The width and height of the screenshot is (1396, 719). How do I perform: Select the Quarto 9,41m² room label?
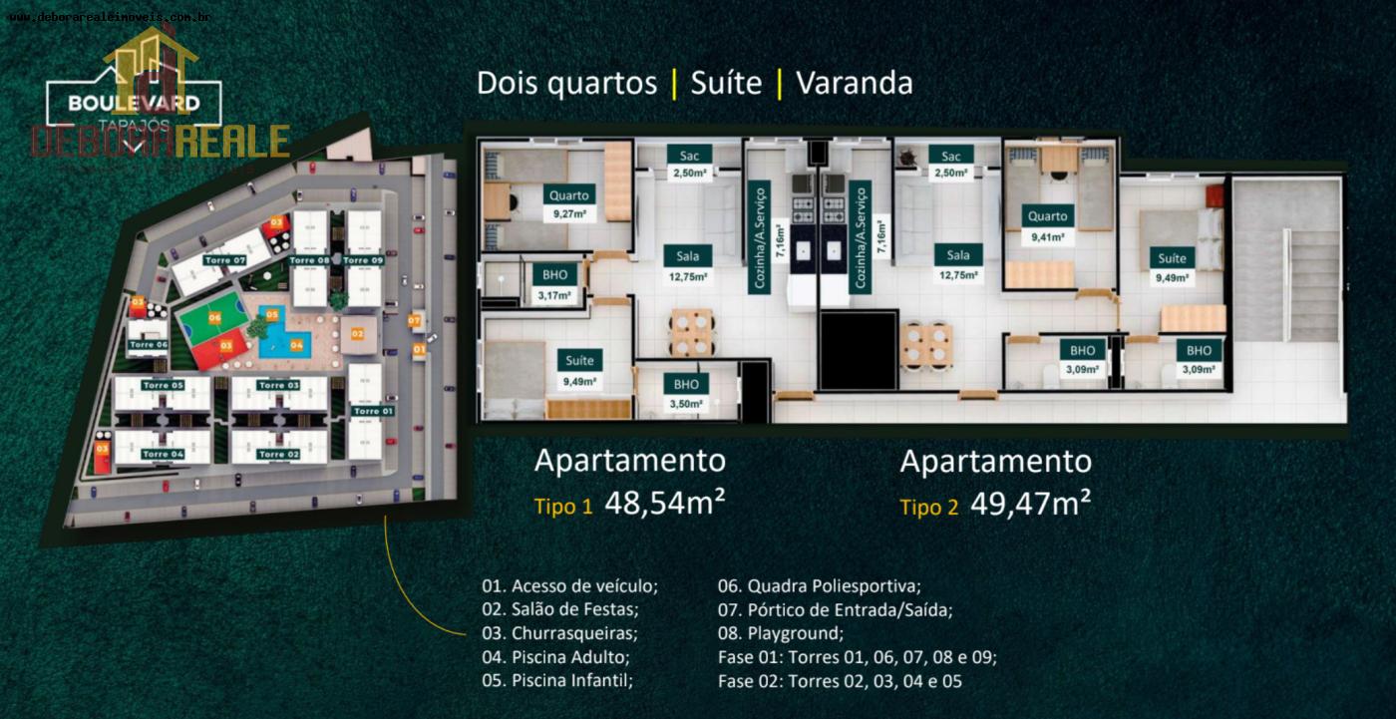1047,225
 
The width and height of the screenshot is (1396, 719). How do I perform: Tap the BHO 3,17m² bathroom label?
554,284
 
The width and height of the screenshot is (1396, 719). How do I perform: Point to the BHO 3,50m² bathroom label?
686,393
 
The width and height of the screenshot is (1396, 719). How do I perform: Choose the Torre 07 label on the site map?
225,260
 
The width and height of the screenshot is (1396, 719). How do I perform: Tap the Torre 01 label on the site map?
373,411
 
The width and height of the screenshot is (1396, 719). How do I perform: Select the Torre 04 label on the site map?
163,454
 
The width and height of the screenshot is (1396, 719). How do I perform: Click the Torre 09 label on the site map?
363,260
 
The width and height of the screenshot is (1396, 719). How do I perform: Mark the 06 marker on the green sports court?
214,318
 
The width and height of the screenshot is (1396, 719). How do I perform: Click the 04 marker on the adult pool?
296,345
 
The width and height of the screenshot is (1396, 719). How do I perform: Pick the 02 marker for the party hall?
357,334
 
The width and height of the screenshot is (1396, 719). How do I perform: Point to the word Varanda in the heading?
854,83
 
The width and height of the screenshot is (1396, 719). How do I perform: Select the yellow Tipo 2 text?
928,508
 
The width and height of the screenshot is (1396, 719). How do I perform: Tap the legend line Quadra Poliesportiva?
820,586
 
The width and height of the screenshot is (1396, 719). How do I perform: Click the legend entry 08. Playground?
781,634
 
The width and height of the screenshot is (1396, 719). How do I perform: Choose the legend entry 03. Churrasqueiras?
558,634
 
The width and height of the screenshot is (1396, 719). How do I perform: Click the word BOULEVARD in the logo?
134,103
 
